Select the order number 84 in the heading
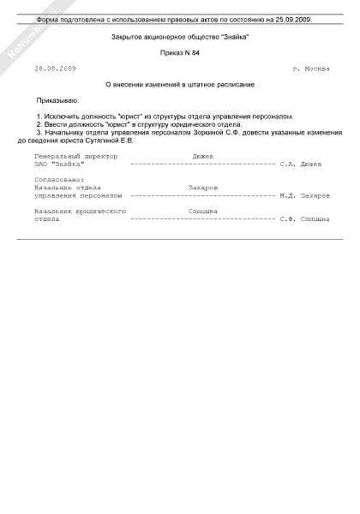click(195, 52)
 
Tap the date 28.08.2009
click(56, 69)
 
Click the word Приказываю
click(61, 100)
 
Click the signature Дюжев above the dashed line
click(203, 156)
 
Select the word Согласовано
click(59, 179)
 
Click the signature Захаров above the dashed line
click(202, 187)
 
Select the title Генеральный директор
click(79, 156)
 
